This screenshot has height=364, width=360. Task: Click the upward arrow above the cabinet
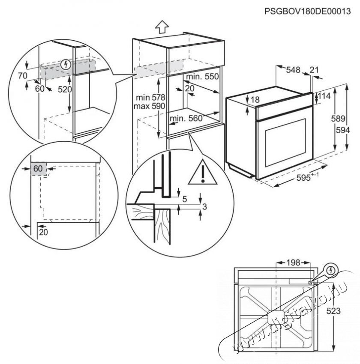[161, 27]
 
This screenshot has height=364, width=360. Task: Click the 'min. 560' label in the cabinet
[186, 119]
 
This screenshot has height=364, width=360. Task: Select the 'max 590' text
[147, 106]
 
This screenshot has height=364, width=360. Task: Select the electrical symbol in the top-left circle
[66, 64]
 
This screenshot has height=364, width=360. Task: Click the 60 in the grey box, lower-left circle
[38, 169]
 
